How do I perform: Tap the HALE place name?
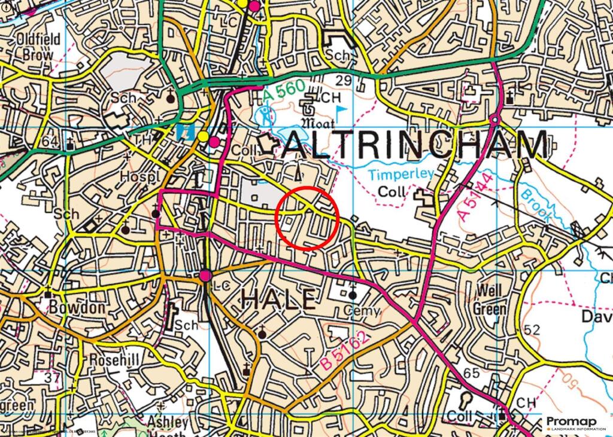(278, 298)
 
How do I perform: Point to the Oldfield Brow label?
(38, 47)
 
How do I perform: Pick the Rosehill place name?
(114, 360)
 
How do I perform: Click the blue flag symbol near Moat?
(341, 111)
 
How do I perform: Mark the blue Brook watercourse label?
(535, 206)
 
